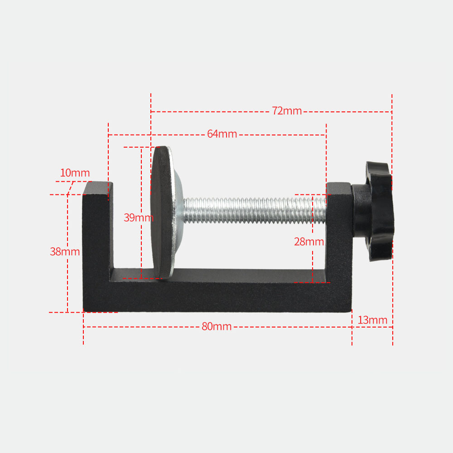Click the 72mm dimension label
(287, 111)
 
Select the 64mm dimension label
(222, 134)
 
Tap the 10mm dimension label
(75, 173)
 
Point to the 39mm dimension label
(138, 217)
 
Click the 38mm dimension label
(65, 252)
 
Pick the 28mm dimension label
(309, 242)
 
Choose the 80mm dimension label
(217, 327)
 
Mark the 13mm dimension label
(372, 320)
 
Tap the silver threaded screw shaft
(254, 210)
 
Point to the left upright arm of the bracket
(96, 236)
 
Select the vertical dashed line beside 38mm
(67, 281)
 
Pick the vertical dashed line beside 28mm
(313, 263)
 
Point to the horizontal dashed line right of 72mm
(347, 111)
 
